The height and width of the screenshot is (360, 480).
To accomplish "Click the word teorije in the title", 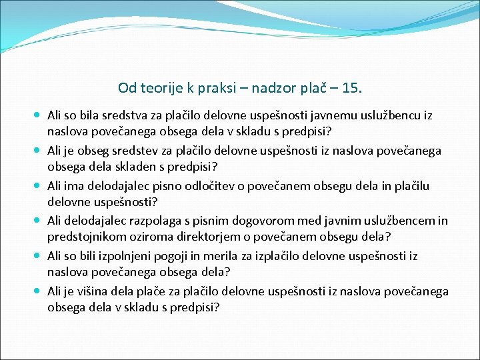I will (x=157, y=87).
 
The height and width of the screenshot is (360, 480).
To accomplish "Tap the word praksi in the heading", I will (x=212, y=87).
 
